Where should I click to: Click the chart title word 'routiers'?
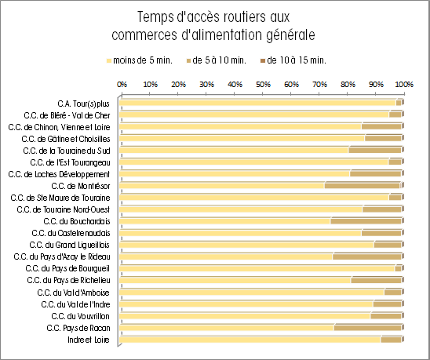tap(242, 17)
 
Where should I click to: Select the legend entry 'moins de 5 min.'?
tap(140, 60)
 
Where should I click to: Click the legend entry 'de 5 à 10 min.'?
tap(216, 60)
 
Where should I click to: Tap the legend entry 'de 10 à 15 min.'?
tap(293, 60)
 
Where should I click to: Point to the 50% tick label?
tap(264, 85)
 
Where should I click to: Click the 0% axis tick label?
tap(122, 85)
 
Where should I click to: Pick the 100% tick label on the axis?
tap(404, 85)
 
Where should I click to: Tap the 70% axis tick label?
tap(320, 85)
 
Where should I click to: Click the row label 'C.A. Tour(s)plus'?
tap(83, 104)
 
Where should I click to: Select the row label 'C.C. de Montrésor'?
tap(81, 186)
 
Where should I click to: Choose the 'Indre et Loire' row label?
tap(89, 340)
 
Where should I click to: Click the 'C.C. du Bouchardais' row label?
tap(77, 221)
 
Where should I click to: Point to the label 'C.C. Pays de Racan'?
tap(78, 328)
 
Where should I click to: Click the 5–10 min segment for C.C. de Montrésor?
tap(363, 186)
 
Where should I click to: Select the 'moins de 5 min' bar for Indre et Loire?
tap(250, 340)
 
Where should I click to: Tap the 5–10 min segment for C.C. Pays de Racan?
tap(368, 328)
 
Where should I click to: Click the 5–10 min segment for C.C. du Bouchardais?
tap(366, 221)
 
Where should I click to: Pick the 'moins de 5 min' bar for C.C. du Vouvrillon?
tap(245, 316)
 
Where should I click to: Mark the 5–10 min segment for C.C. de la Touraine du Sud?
tap(375, 151)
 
